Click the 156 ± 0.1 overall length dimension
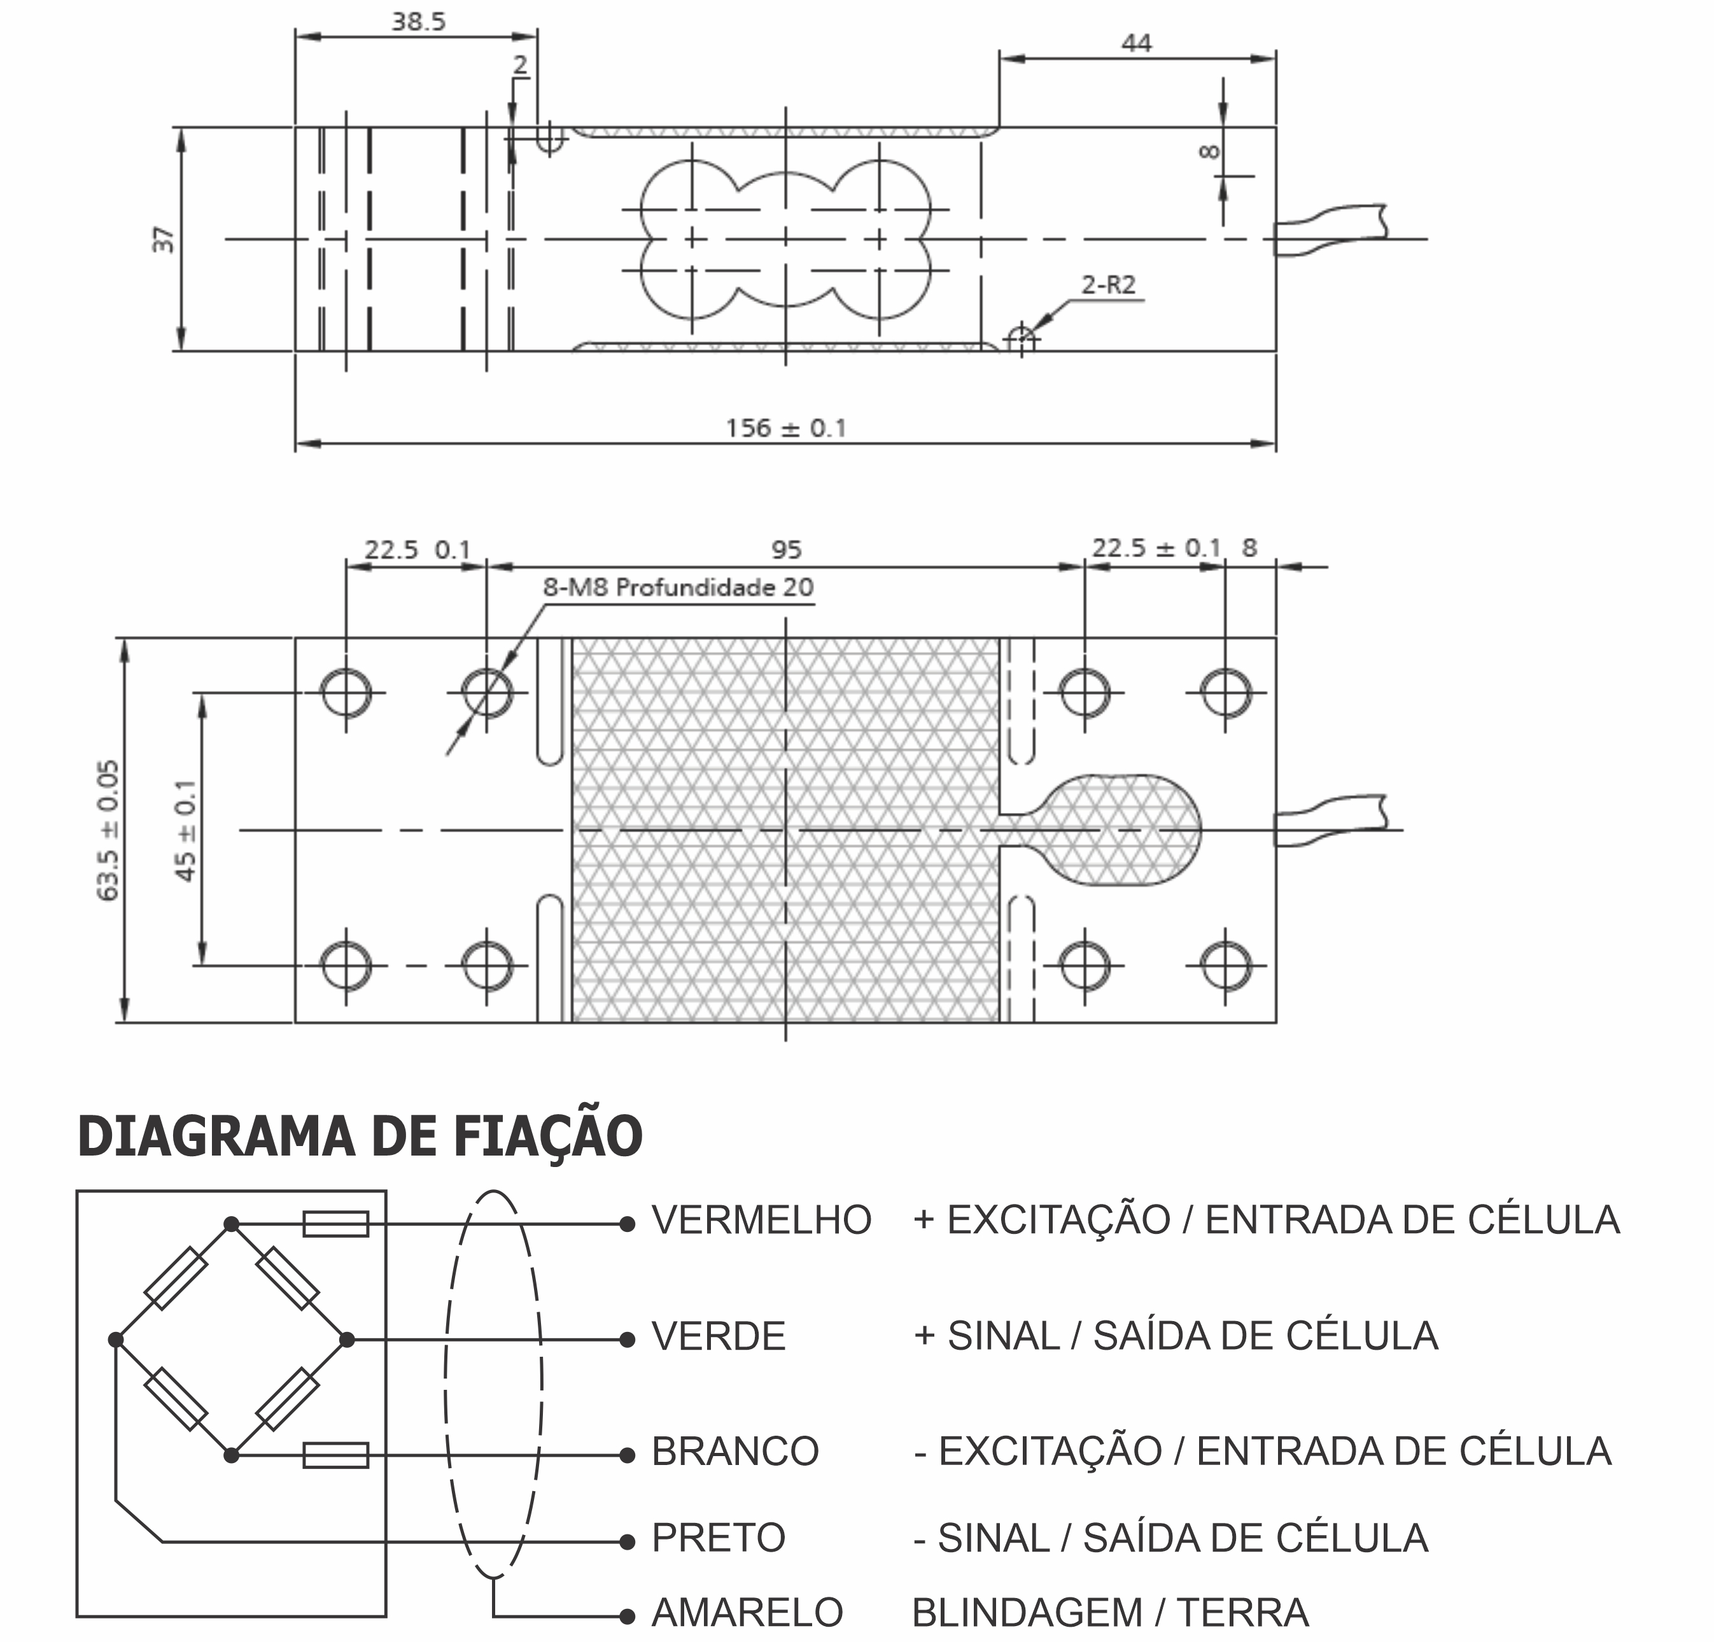[x=785, y=428]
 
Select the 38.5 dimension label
[x=418, y=22]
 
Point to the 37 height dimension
[x=164, y=239]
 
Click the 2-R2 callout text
[x=1108, y=285]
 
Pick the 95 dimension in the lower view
[x=786, y=549]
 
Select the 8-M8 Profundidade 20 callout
[x=678, y=587]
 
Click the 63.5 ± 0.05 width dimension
[x=108, y=830]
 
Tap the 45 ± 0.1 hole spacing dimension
[x=185, y=830]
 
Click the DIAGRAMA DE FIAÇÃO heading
[x=360, y=1136]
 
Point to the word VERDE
[x=718, y=1336]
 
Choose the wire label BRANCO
[x=734, y=1451]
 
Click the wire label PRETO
[x=718, y=1537]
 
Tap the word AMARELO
[x=747, y=1612]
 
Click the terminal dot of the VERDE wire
[x=626, y=1340]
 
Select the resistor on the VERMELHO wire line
[x=336, y=1224]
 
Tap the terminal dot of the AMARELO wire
[x=626, y=1616]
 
